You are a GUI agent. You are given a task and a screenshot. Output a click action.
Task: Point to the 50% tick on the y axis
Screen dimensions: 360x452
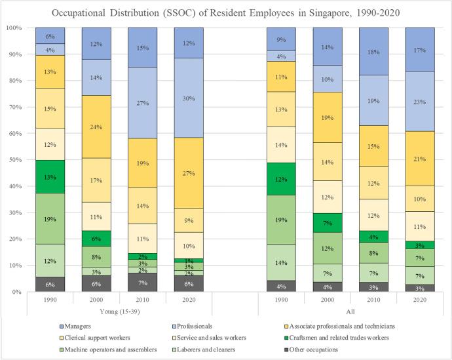click(15, 160)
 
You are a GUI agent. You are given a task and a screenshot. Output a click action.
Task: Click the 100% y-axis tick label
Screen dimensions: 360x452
click(14, 28)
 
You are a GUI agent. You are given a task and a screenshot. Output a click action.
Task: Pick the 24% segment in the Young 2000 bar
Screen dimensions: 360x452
click(96, 127)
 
